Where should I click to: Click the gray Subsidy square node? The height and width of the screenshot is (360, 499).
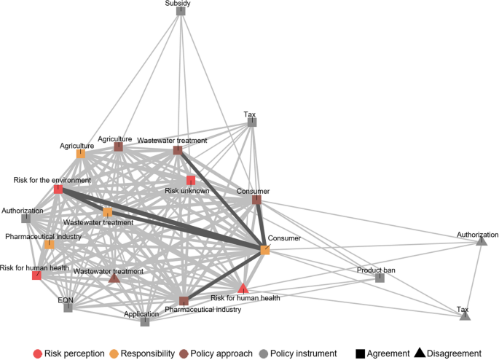181,10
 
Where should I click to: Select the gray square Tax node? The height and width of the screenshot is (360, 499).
252,122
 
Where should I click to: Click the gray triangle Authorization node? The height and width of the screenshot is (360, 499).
481,241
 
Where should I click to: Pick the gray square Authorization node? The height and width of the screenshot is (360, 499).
25,218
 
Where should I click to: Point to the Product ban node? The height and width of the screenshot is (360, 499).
380,278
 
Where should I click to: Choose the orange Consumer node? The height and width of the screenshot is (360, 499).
265,251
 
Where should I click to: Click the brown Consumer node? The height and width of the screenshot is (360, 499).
256,200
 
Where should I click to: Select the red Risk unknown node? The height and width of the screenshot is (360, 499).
191,180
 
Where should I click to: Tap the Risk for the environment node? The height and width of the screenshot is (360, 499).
58,189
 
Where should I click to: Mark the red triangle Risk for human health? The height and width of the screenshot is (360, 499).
243,288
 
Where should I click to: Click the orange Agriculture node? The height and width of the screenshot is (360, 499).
81,154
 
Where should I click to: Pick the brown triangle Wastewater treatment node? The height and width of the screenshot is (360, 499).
114,278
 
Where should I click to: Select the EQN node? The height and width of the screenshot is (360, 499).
68,308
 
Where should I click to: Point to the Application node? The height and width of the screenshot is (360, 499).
145,321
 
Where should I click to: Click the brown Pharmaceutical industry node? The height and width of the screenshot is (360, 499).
184,301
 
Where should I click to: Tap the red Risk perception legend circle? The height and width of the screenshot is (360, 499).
37,353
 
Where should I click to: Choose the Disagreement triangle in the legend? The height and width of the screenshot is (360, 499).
420,353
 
